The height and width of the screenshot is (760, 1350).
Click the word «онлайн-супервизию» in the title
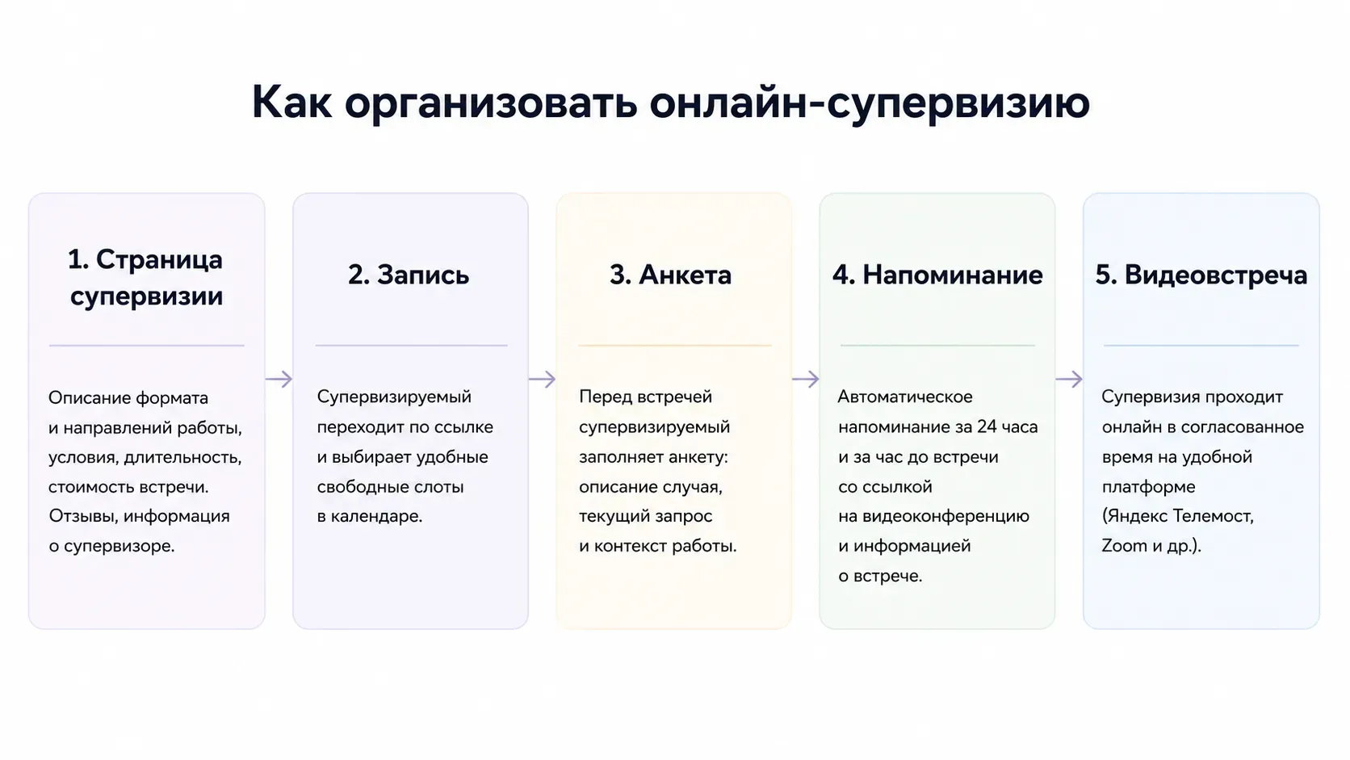[869, 103]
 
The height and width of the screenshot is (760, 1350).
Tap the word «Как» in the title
[291, 102]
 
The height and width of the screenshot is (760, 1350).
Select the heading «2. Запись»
[409, 275]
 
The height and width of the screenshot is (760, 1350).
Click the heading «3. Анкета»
[670, 275]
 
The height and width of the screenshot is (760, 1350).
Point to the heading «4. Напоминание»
[937, 275]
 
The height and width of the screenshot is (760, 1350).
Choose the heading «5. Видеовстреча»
[1201, 275]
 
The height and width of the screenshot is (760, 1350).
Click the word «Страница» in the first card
[159, 260]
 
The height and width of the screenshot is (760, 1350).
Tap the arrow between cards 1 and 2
[279, 379]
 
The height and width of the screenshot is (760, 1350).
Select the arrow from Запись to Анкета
[543, 379]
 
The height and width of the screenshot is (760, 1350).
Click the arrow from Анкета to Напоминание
[806, 379]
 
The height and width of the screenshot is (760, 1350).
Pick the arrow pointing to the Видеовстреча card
[1069, 379]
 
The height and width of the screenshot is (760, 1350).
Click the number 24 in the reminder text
[987, 426]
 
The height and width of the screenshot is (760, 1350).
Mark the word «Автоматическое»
[905, 397]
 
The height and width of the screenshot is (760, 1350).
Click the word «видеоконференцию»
[946, 517]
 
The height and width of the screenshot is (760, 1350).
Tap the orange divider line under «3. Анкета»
[675, 346]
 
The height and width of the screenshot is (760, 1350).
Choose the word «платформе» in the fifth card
[1149, 487]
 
